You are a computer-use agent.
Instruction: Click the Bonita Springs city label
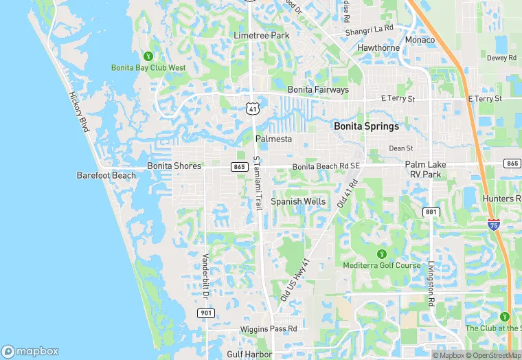[x=366, y=126]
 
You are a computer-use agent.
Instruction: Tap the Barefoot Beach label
[x=106, y=175]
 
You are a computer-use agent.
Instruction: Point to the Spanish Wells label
[x=298, y=201]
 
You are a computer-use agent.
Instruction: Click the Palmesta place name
[x=273, y=139]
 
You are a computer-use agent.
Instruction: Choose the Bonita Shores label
[x=174, y=166]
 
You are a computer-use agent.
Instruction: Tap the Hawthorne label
[x=378, y=48]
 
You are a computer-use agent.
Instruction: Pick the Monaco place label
[x=420, y=40]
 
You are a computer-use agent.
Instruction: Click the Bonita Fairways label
[x=318, y=89]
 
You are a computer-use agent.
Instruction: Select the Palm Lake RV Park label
[x=433, y=170]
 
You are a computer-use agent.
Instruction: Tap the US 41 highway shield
[x=253, y=109]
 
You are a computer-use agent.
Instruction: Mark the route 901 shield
[x=205, y=313]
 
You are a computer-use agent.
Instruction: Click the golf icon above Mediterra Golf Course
[x=382, y=254]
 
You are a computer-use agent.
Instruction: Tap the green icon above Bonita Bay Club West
[x=148, y=56]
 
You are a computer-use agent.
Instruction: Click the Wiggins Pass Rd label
[x=269, y=329]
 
